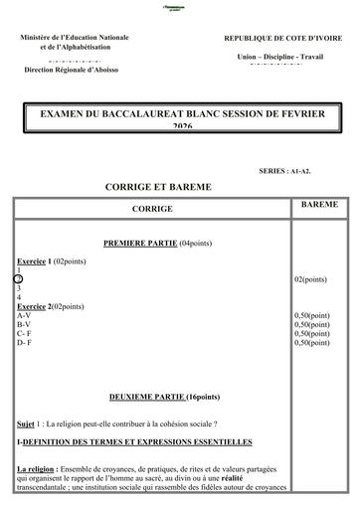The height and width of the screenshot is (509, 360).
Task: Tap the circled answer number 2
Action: (x=19, y=279)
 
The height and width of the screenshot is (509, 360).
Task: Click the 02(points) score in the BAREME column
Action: (x=310, y=279)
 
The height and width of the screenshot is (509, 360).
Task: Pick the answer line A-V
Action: (x=24, y=315)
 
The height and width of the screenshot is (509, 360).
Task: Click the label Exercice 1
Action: (x=38, y=260)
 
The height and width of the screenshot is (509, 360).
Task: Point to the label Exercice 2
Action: (x=38, y=306)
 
